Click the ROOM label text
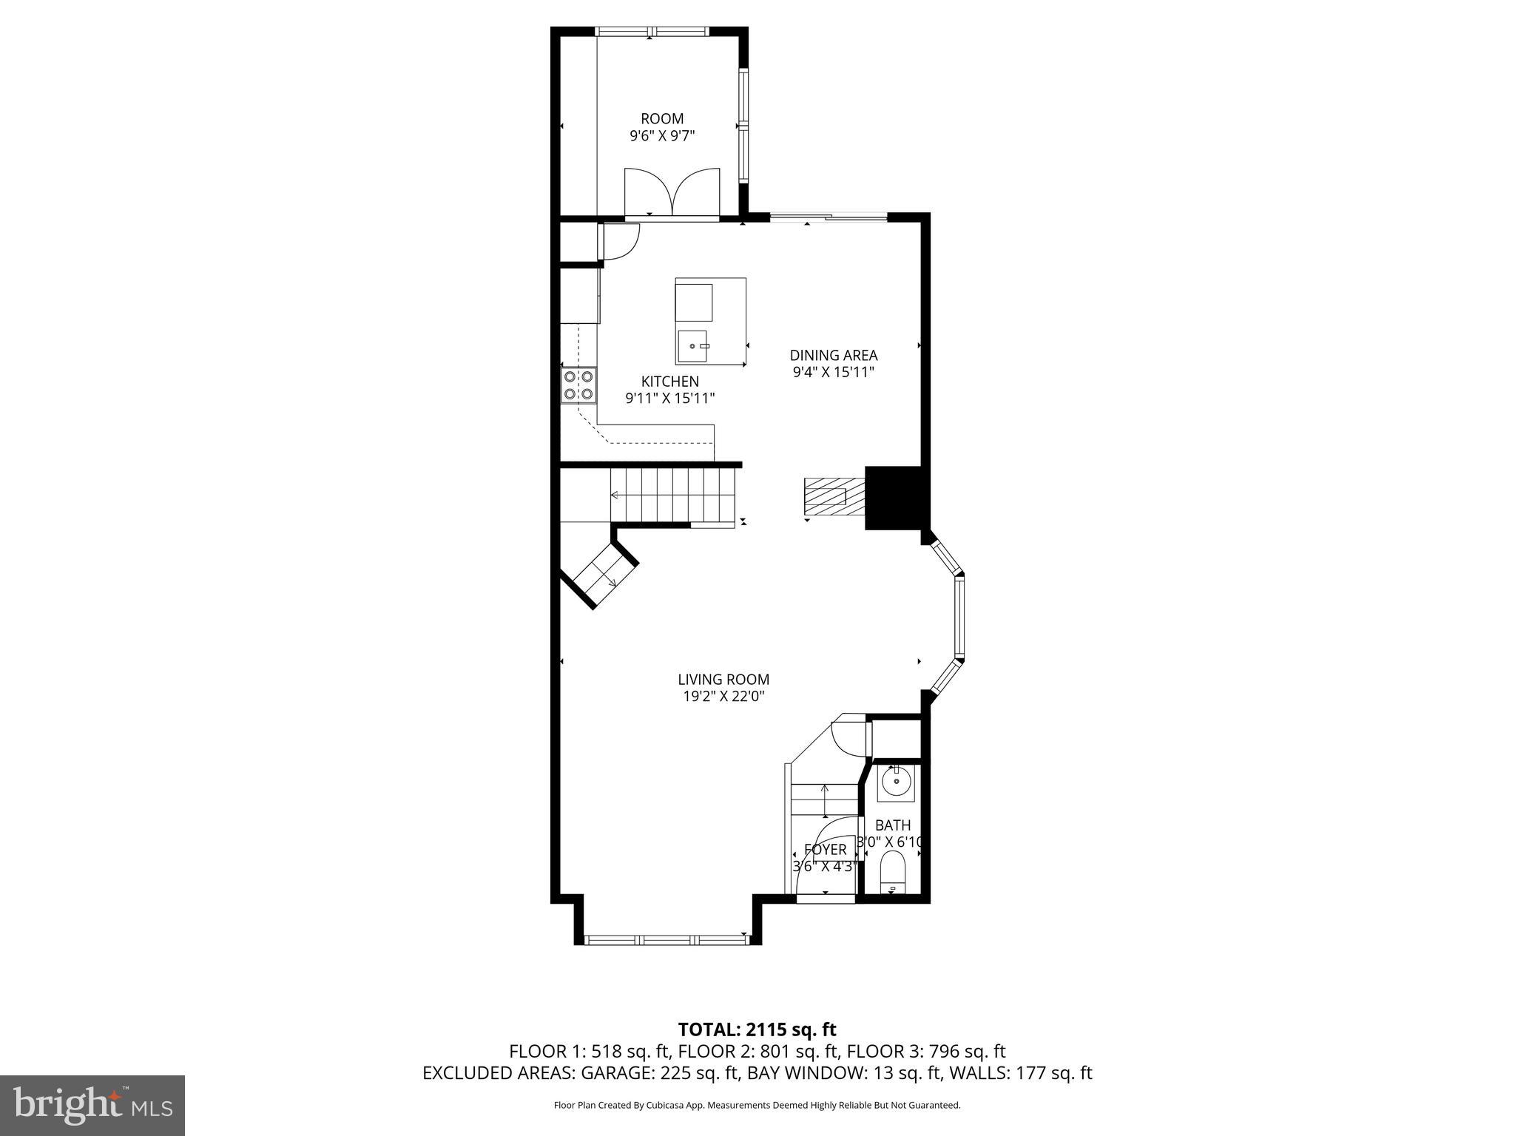[662, 118]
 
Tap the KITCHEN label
[669, 382]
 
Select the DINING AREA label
[833, 355]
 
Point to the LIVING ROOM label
[723, 679]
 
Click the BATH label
[893, 825]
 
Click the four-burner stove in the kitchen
[578, 385]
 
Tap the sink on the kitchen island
[694, 346]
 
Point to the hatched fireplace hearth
[834, 496]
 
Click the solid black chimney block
[893, 498]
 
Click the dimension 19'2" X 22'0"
[723, 696]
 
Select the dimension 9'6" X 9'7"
[662, 135]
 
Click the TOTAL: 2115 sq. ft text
[757, 1029]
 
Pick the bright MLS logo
[92, 1106]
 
